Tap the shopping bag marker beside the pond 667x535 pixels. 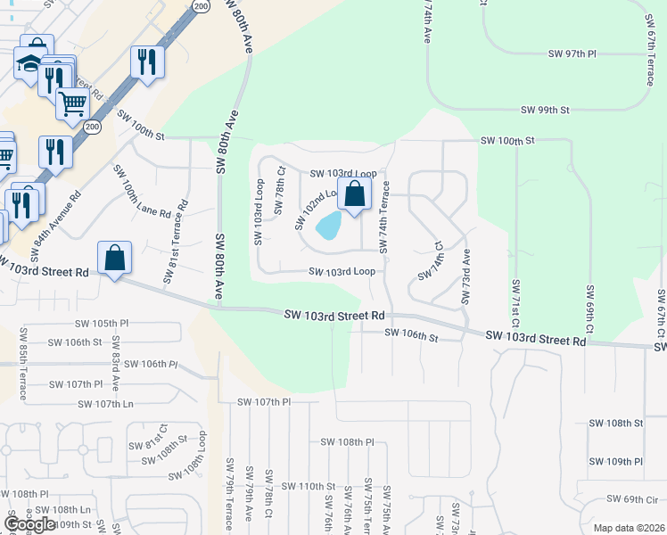tap(354, 193)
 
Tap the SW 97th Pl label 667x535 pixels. tap(572, 54)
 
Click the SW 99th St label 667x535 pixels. tap(545, 110)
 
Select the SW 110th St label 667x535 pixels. tap(308, 486)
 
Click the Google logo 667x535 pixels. tap(29, 523)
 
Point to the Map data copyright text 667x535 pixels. tap(629, 528)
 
